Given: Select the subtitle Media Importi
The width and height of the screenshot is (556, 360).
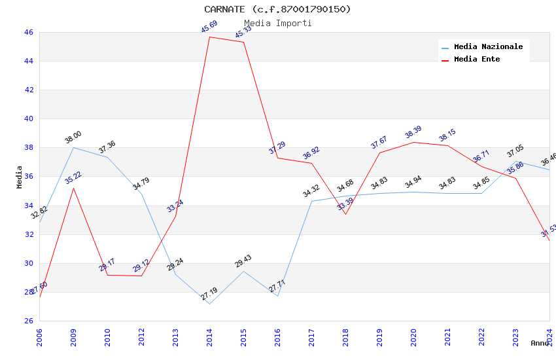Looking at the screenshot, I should (x=277, y=23).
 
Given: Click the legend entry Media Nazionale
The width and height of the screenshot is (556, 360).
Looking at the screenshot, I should (x=488, y=46).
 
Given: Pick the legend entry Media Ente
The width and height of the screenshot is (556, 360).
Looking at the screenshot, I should (x=477, y=59).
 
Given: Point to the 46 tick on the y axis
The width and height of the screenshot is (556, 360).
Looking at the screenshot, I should (x=29, y=32).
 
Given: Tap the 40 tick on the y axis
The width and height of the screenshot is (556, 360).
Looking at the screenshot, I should (x=29, y=118).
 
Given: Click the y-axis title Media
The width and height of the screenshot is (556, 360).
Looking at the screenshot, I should (x=20, y=177).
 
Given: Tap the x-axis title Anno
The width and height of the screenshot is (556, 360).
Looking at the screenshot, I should (x=540, y=343).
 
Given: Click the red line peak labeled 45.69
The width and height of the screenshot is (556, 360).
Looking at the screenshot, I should (x=209, y=37).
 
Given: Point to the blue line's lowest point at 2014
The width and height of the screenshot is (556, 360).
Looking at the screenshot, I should (x=209, y=304).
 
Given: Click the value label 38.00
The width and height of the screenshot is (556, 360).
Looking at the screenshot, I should (x=73, y=137).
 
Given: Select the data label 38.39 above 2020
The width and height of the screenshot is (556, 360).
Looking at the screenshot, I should (x=413, y=133).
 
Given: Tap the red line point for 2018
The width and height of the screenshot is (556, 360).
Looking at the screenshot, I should (x=345, y=214).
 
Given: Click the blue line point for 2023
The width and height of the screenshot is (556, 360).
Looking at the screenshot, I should (x=515, y=162).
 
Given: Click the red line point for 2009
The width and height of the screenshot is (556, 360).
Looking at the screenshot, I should (x=73, y=188).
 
